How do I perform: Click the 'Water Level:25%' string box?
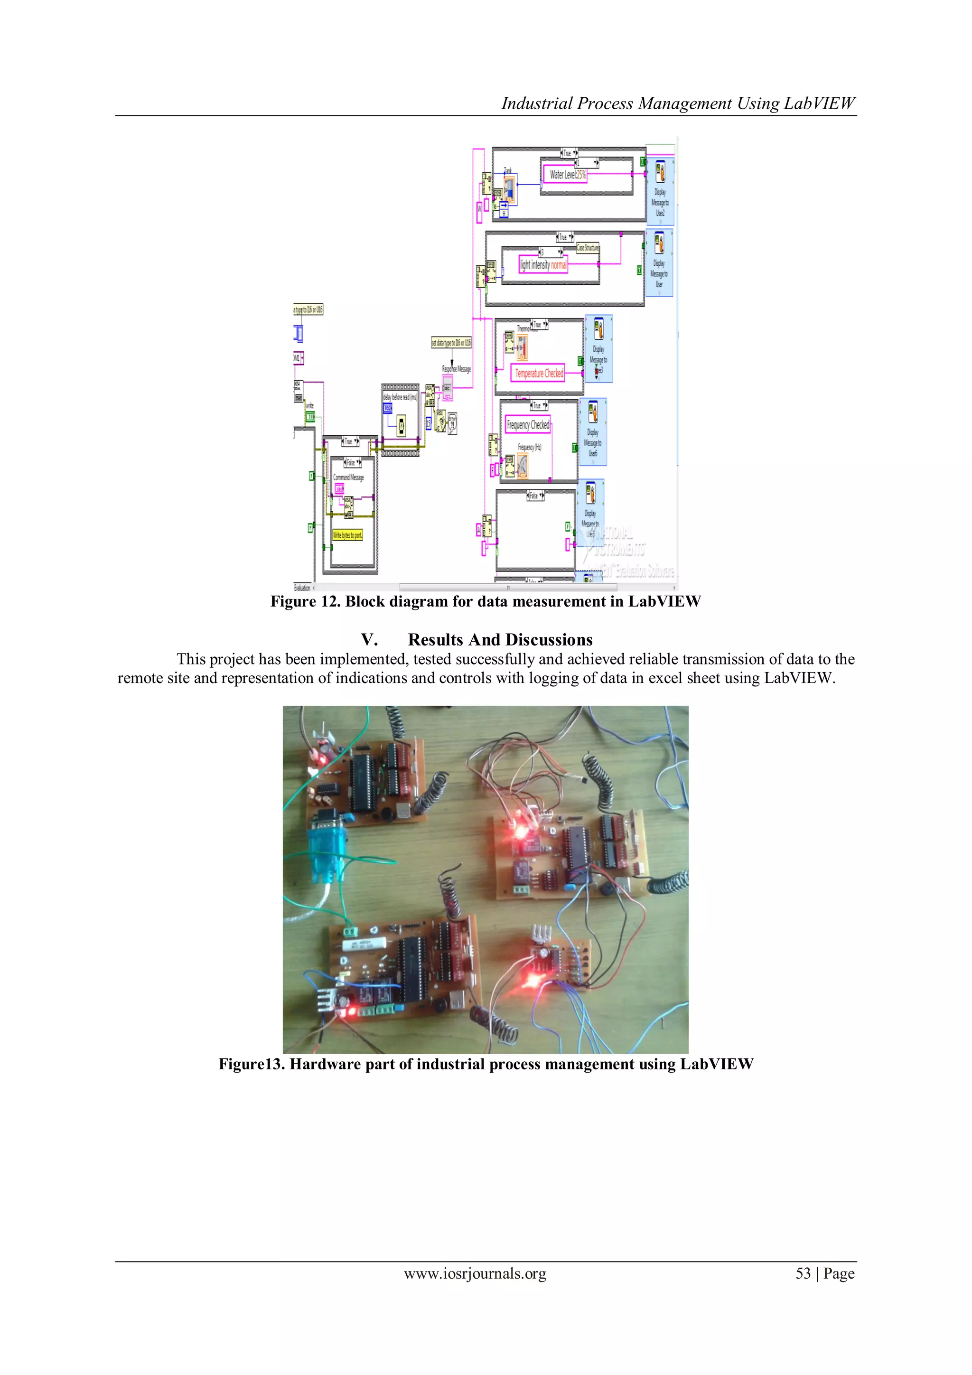click(567, 175)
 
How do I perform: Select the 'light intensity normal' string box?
click(542, 265)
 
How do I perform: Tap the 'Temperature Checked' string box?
click(538, 373)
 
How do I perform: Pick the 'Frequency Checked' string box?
click(528, 425)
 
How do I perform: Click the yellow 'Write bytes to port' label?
click(347, 535)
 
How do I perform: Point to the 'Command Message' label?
click(348, 477)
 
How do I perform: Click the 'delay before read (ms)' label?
click(400, 397)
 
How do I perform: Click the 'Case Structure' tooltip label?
click(588, 248)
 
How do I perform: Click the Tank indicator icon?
click(509, 190)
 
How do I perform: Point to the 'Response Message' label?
click(457, 369)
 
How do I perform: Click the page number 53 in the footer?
click(803, 1274)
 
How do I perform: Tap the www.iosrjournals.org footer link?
click(475, 1274)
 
